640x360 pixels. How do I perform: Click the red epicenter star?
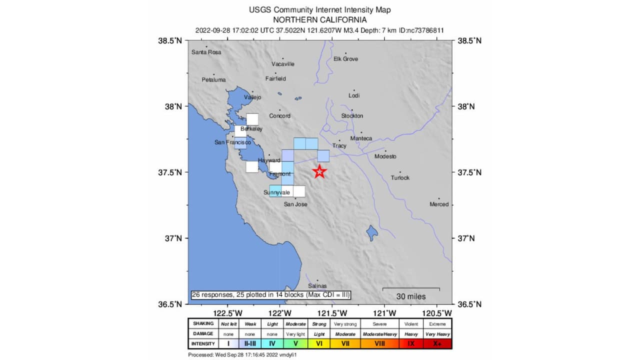[x=320, y=171]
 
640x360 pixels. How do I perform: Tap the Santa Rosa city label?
[x=206, y=52]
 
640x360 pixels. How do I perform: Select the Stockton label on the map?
[x=352, y=116]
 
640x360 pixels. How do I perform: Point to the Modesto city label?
[x=385, y=156]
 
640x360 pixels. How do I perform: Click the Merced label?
[x=439, y=204]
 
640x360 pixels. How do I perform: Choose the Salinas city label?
[x=317, y=286]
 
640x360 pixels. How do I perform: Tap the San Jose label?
[x=295, y=204]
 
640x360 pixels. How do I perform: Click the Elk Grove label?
[x=345, y=59]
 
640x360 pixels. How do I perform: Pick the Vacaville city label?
[x=283, y=64]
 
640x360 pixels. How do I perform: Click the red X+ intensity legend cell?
[x=438, y=343]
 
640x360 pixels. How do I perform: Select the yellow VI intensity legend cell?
[x=319, y=343]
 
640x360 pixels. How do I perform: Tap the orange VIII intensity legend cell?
[x=379, y=343]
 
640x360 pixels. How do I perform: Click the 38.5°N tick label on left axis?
[x=170, y=40]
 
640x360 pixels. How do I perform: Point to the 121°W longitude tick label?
[x=385, y=313]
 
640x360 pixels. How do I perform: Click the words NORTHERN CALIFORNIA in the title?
[x=319, y=20]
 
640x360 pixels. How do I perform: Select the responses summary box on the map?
[x=270, y=295]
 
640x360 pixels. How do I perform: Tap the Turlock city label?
[x=400, y=178]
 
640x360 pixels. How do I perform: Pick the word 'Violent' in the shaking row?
[x=411, y=323]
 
